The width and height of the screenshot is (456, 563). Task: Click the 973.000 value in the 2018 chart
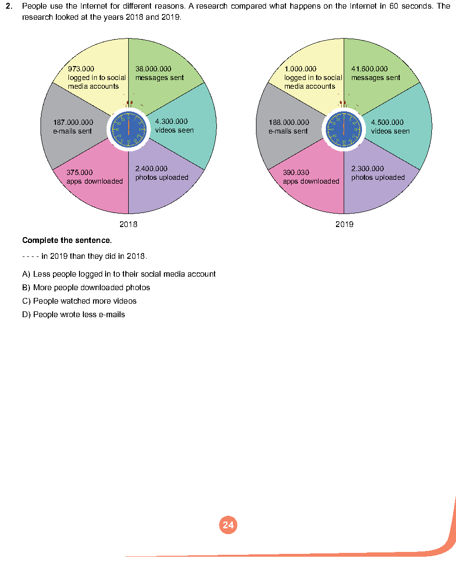[x=81, y=69]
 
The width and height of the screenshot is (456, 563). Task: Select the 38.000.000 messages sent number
[x=153, y=69]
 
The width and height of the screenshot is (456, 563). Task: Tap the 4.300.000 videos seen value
[x=171, y=122]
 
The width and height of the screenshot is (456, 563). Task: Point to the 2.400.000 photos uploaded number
[x=151, y=169]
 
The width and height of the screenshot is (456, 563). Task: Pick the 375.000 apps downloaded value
[x=80, y=173]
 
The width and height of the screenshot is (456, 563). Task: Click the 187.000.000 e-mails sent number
[x=73, y=123]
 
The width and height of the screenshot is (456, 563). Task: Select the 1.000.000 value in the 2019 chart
[x=300, y=69]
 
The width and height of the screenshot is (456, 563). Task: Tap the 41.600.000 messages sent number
[x=369, y=69]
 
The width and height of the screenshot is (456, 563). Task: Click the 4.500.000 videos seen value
[x=387, y=123]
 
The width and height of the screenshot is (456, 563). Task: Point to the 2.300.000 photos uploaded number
[x=367, y=169]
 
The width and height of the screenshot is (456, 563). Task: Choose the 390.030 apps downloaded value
[x=296, y=173]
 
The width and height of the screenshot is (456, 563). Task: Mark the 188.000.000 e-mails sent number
[x=289, y=123]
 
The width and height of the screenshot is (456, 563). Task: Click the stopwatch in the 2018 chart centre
[x=129, y=128]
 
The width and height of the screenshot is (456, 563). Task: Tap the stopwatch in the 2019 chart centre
[x=344, y=128]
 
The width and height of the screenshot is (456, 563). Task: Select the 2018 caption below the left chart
[x=129, y=225]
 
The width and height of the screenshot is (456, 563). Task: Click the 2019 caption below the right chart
[x=344, y=225]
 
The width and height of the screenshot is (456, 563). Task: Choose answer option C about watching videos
[x=80, y=301]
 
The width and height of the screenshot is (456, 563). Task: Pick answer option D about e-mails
[x=74, y=315]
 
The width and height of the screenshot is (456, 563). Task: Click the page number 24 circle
[x=228, y=525]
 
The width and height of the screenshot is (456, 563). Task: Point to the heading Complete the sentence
[x=67, y=240]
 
